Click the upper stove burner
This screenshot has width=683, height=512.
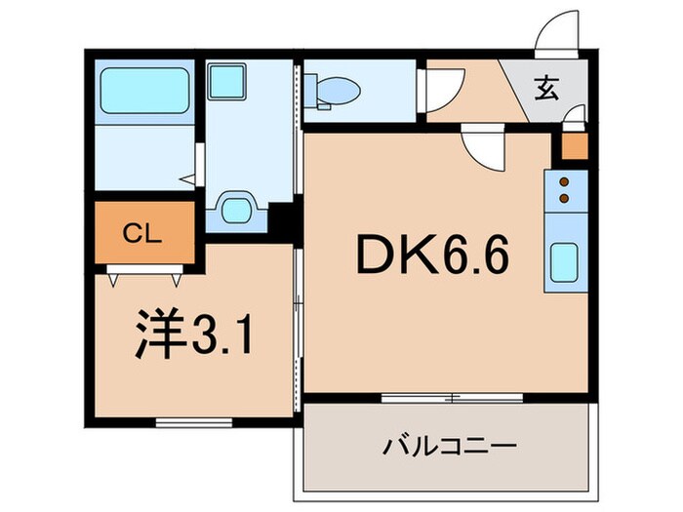[x=564, y=181]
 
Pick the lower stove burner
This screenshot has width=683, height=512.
[x=564, y=198]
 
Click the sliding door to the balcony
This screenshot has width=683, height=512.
[x=452, y=397]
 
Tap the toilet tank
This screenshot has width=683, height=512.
[x=310, y=90]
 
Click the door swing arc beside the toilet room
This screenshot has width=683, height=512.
[x=437, y=91]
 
